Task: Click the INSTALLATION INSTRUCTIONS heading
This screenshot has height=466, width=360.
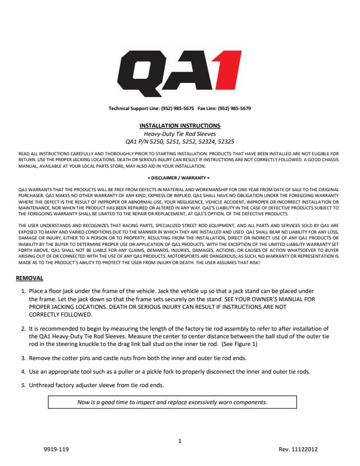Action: [x=180, y=125]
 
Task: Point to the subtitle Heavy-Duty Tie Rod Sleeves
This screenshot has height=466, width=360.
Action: [x=180, y=134]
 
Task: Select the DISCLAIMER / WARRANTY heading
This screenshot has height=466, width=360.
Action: [x=180, y=177]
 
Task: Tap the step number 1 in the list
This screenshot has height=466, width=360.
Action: [x=23, y=291]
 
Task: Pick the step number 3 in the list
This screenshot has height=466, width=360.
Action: [x=23, y=358]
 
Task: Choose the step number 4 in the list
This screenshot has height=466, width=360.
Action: [x=23, y=371]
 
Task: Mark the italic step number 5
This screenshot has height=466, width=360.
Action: [x=23, y=385]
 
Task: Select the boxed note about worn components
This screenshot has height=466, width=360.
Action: [x=172, y=402]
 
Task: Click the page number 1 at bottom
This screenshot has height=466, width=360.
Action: [x=180, y=440]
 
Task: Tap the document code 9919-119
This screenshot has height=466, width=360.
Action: [x=56, y=450]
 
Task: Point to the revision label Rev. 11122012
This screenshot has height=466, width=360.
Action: [x=298, y=450]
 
